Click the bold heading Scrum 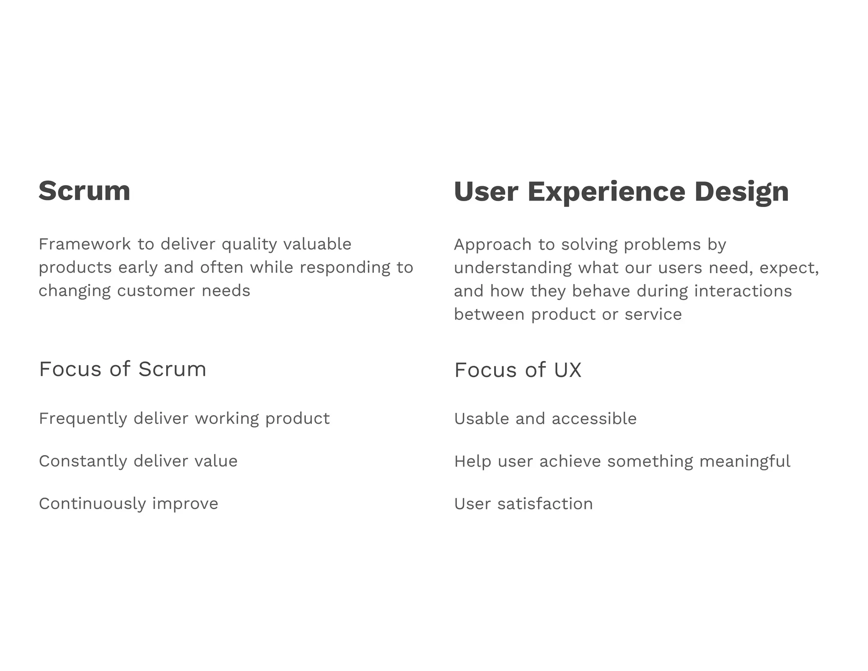[x=84, y=191]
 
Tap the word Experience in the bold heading [x=606, y=192]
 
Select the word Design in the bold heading [x=741, y=192]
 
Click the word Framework [x=85, y=244]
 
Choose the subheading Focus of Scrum [x=122, y=369]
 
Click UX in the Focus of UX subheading [x=568, y=370]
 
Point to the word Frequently [x=83, y=419]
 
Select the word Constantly [x=83, y=461]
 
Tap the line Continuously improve [x=128, y=504]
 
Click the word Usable [x=481, y=419]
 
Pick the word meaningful [x=745, y=461]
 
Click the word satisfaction [x=545, y=504]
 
